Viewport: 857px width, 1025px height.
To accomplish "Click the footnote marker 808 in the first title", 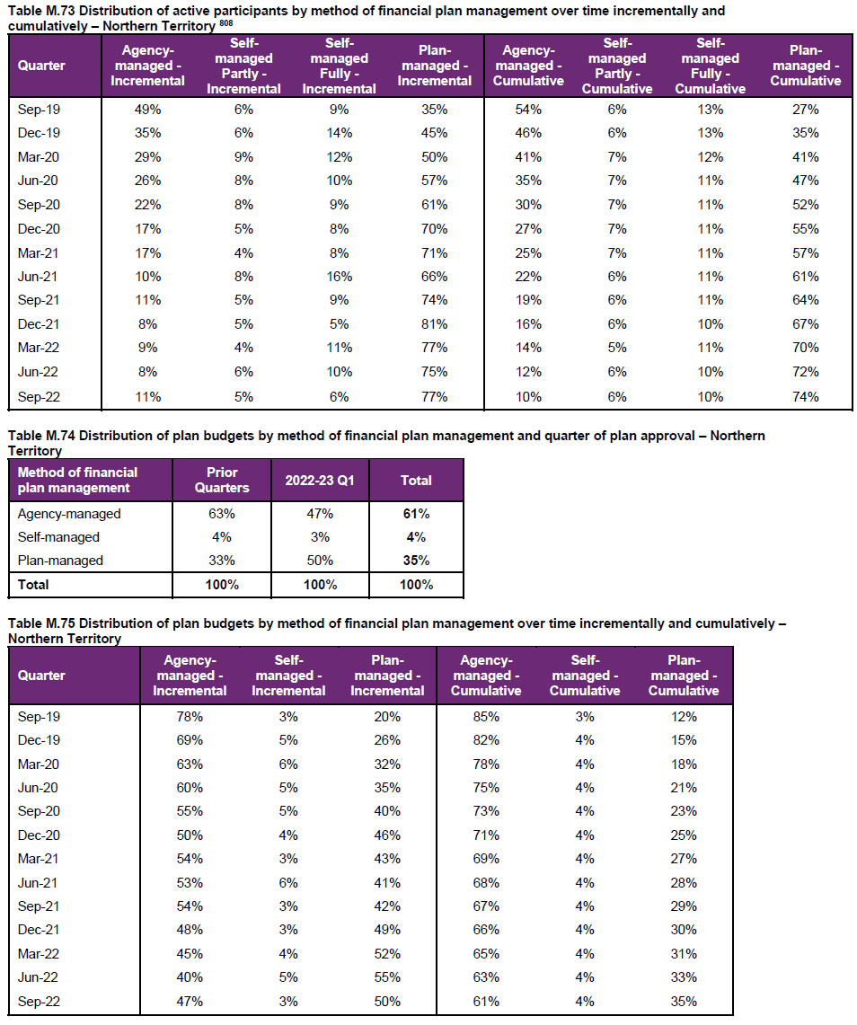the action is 226,23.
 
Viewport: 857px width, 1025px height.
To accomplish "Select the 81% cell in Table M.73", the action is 434,324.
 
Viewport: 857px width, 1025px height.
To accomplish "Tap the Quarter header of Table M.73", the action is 41,66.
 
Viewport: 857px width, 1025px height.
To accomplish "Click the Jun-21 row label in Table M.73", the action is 37,277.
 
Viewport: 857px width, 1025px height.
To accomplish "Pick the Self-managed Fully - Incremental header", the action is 339,66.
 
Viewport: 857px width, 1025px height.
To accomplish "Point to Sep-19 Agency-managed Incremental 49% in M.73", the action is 147,110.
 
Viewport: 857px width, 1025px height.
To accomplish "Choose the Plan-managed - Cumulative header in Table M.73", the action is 806,66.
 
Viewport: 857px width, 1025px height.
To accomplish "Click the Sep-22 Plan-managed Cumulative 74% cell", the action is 806,397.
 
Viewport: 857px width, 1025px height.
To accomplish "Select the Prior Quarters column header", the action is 222,480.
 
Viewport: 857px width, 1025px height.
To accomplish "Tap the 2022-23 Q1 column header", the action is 320,481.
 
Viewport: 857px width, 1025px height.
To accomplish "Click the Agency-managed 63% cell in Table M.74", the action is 222,514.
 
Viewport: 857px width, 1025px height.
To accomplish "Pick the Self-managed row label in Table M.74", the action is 58,537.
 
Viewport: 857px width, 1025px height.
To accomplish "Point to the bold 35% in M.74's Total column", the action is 417,561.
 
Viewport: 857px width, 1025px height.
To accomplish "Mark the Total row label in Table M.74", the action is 33,585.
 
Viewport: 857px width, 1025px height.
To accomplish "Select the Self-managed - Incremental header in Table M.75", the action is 288,676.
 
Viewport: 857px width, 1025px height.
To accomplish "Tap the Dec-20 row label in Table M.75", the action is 39,835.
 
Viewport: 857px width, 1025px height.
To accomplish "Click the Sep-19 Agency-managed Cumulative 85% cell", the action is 486,717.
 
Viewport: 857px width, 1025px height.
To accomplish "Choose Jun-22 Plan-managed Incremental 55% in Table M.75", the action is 387,977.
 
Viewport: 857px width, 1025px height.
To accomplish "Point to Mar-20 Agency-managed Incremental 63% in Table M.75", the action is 190,764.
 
